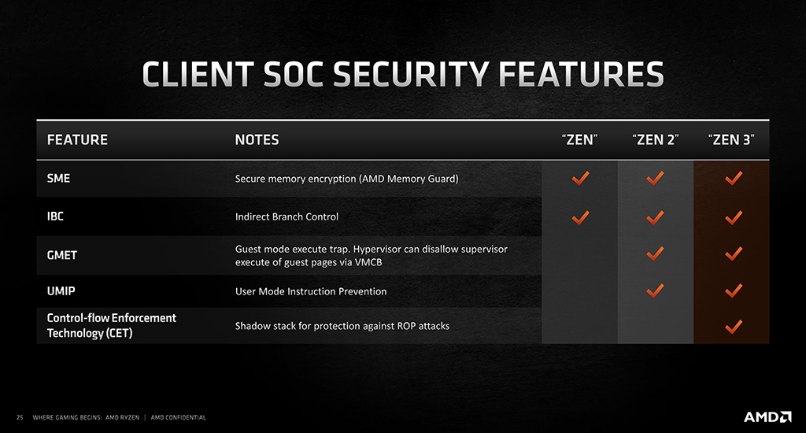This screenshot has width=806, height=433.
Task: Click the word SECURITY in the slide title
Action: (411, 74)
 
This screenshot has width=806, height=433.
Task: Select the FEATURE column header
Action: (78, 140)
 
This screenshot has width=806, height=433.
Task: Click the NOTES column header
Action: (257, 140)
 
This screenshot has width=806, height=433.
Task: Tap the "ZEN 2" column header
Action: (656, 140)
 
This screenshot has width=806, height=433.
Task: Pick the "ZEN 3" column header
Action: (731, 140)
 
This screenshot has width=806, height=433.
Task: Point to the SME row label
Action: (58, 179)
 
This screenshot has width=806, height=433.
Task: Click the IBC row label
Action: (56, 216)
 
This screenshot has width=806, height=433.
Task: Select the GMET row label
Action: (62, 255)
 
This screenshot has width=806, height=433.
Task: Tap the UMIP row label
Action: (61, 291)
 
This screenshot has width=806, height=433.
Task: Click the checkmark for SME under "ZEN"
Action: (580, 179)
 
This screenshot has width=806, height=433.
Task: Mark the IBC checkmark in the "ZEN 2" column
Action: (655, 217)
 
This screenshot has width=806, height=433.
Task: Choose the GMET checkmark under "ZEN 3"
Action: (734, 254)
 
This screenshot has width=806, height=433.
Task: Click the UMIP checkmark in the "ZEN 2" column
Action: (655, 291)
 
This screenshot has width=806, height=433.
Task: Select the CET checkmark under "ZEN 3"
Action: (734, 327)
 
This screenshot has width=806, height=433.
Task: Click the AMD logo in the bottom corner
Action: (767, 416)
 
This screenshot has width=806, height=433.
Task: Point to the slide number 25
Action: (20, 417)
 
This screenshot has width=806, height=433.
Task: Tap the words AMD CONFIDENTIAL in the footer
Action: (179, 417)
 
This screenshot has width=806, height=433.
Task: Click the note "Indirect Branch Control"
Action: (287, 217)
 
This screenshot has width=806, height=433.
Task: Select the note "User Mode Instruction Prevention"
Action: (311, 291)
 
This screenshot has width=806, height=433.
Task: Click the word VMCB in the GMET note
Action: (368, 262)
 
